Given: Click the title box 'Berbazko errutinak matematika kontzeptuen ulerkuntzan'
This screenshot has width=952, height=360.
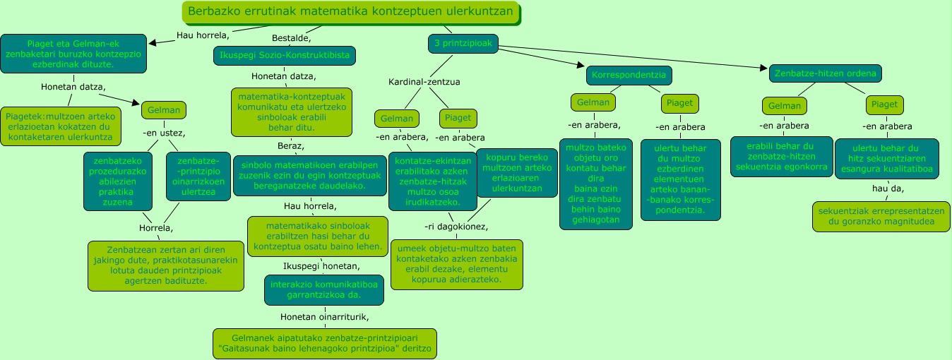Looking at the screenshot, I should [x=351, y=12].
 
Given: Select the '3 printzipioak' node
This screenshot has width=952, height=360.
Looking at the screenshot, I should [x=463, y=44].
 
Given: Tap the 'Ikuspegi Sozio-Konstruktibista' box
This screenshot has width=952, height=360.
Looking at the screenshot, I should [x=285, y=56].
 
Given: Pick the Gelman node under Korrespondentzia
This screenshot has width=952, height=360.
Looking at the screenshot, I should [x=593, y=102].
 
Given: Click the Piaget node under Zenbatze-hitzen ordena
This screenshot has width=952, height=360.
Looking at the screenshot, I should [x=884, y=104].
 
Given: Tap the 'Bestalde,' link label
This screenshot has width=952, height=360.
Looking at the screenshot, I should [x=292, y=37].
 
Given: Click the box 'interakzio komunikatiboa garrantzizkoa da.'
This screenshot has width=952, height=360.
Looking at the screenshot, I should [x=324, y=290].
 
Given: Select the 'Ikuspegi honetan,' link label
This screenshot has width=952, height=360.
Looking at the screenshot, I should [x=321, y=266].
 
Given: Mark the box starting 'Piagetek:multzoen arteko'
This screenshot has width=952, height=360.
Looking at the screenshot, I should [x=60, y=126].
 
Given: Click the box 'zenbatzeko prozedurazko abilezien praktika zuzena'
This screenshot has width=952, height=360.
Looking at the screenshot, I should [x=117, y=181].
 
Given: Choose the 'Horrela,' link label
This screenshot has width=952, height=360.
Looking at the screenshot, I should [x=156, y=228].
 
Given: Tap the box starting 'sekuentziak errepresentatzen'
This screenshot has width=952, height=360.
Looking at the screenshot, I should [x=880, y=217].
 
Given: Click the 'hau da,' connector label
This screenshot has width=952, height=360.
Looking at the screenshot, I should [x=887, y=189].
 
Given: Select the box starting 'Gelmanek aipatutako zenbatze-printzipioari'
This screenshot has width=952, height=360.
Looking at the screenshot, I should [x=324, y=344].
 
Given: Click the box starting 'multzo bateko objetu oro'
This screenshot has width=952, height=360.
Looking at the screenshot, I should [x=596, y=184].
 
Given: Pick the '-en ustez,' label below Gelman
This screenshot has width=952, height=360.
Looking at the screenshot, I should [x=164, y=133].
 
